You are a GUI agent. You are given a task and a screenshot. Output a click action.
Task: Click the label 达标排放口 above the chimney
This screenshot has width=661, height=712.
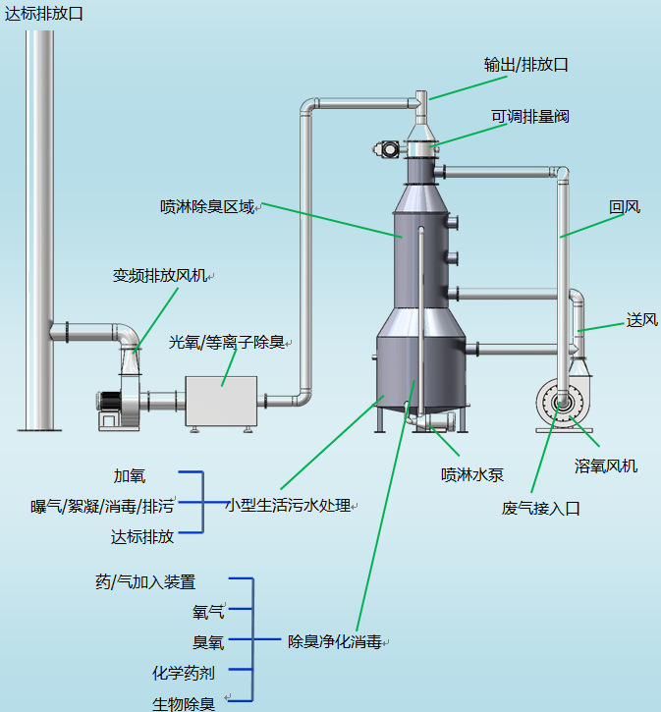point(44,13)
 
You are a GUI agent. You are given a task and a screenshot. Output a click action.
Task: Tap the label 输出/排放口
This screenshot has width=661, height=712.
point(526,65)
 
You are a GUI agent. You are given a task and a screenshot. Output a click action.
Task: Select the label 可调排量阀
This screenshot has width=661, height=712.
point(530,116)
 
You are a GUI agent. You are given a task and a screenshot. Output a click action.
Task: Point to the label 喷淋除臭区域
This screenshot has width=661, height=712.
point(207,207)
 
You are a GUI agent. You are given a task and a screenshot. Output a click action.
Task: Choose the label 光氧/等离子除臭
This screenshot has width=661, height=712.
point(227,342)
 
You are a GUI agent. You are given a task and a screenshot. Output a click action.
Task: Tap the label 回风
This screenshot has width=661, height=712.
point(625,207)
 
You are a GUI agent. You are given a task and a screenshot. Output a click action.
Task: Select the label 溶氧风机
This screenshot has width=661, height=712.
point(606,466)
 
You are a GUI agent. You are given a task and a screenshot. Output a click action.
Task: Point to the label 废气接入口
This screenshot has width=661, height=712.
point(541,508)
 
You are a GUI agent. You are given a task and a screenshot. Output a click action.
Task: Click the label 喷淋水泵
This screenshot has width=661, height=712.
point(472,474)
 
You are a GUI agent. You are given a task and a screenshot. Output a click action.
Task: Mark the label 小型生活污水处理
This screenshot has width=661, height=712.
point(288,505)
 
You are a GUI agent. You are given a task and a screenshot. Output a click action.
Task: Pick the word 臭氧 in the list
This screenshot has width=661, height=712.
point(208,642)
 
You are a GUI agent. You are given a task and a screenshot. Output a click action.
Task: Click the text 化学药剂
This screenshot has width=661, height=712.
point(184,673)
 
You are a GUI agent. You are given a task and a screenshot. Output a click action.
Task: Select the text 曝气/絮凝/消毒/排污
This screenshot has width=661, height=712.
point(102,507)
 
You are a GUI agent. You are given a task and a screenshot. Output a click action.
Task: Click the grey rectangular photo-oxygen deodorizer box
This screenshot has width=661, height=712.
point(220,400)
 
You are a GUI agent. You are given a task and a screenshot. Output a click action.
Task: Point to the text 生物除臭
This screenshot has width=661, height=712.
point(184,703)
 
